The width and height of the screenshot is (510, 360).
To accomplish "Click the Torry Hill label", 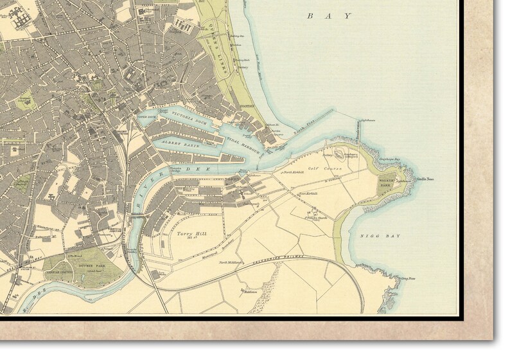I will point(190,235).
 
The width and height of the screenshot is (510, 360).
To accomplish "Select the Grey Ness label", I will point(409,278).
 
